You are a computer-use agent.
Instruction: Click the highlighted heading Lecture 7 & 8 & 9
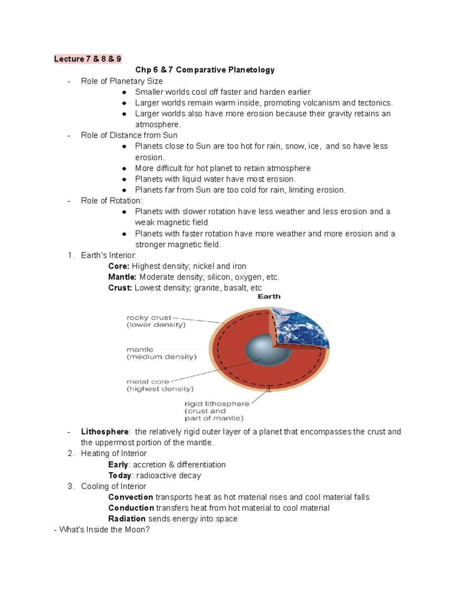tap(87, 59)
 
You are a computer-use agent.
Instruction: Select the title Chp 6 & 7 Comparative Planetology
tap(205, 70)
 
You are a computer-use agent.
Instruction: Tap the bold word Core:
tap(119, 266)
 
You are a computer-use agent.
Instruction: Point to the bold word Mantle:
tap(122, 277)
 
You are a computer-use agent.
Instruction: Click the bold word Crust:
tap(120, 288)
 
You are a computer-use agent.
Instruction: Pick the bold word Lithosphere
tap(105, 432)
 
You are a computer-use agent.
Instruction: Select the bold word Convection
tap(131, 497)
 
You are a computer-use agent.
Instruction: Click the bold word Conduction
tap(131, 508)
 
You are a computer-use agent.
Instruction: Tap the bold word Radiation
tap(127, 519)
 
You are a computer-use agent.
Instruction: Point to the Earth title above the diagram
tap(269, 297)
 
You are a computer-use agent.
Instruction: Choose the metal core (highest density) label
tap(160, 385)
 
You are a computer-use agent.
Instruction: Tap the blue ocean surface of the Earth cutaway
tap(303, 329)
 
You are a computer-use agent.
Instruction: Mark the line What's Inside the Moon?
tap(102, 529)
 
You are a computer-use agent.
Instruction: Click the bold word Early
tap(118, 465)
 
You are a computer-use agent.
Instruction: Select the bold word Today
tap(120, 475)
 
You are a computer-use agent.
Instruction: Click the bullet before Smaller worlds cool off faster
tap(124, 92)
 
